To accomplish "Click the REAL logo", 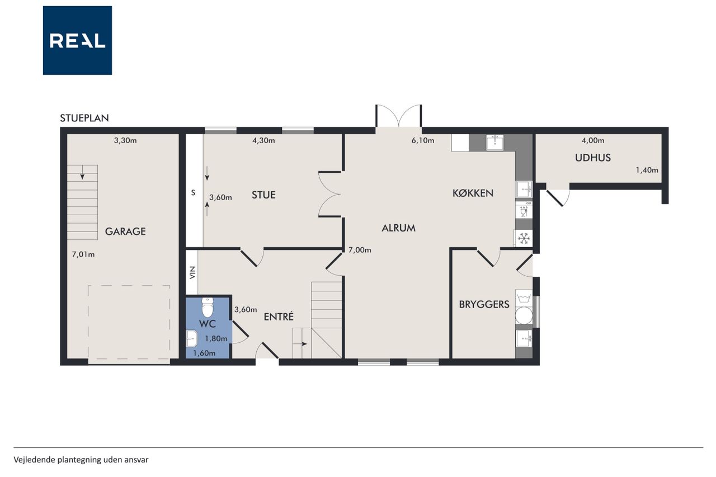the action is [77, 40].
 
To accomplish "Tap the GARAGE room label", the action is [125, 232].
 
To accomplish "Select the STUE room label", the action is [263, 195].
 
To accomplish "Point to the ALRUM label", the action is [399, 228].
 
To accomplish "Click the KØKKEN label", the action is [473, 193].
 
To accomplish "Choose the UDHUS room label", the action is [593, 158].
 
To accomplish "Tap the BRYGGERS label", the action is [484, 304].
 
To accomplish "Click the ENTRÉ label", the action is [279, 317].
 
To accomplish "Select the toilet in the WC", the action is [208, 308].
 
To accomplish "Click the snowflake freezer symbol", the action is [524, 238].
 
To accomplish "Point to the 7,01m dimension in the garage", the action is [83, 254].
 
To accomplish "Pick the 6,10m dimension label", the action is [422, 140].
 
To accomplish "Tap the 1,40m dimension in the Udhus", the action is [647, 171].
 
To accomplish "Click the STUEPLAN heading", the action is [84, 118].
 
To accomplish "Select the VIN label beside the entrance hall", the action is [192, 272].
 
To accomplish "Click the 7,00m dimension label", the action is [360, 250].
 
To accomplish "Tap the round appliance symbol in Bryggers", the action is [524, 315].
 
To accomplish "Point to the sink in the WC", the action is [191, 338].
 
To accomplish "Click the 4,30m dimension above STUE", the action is [263, 140].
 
